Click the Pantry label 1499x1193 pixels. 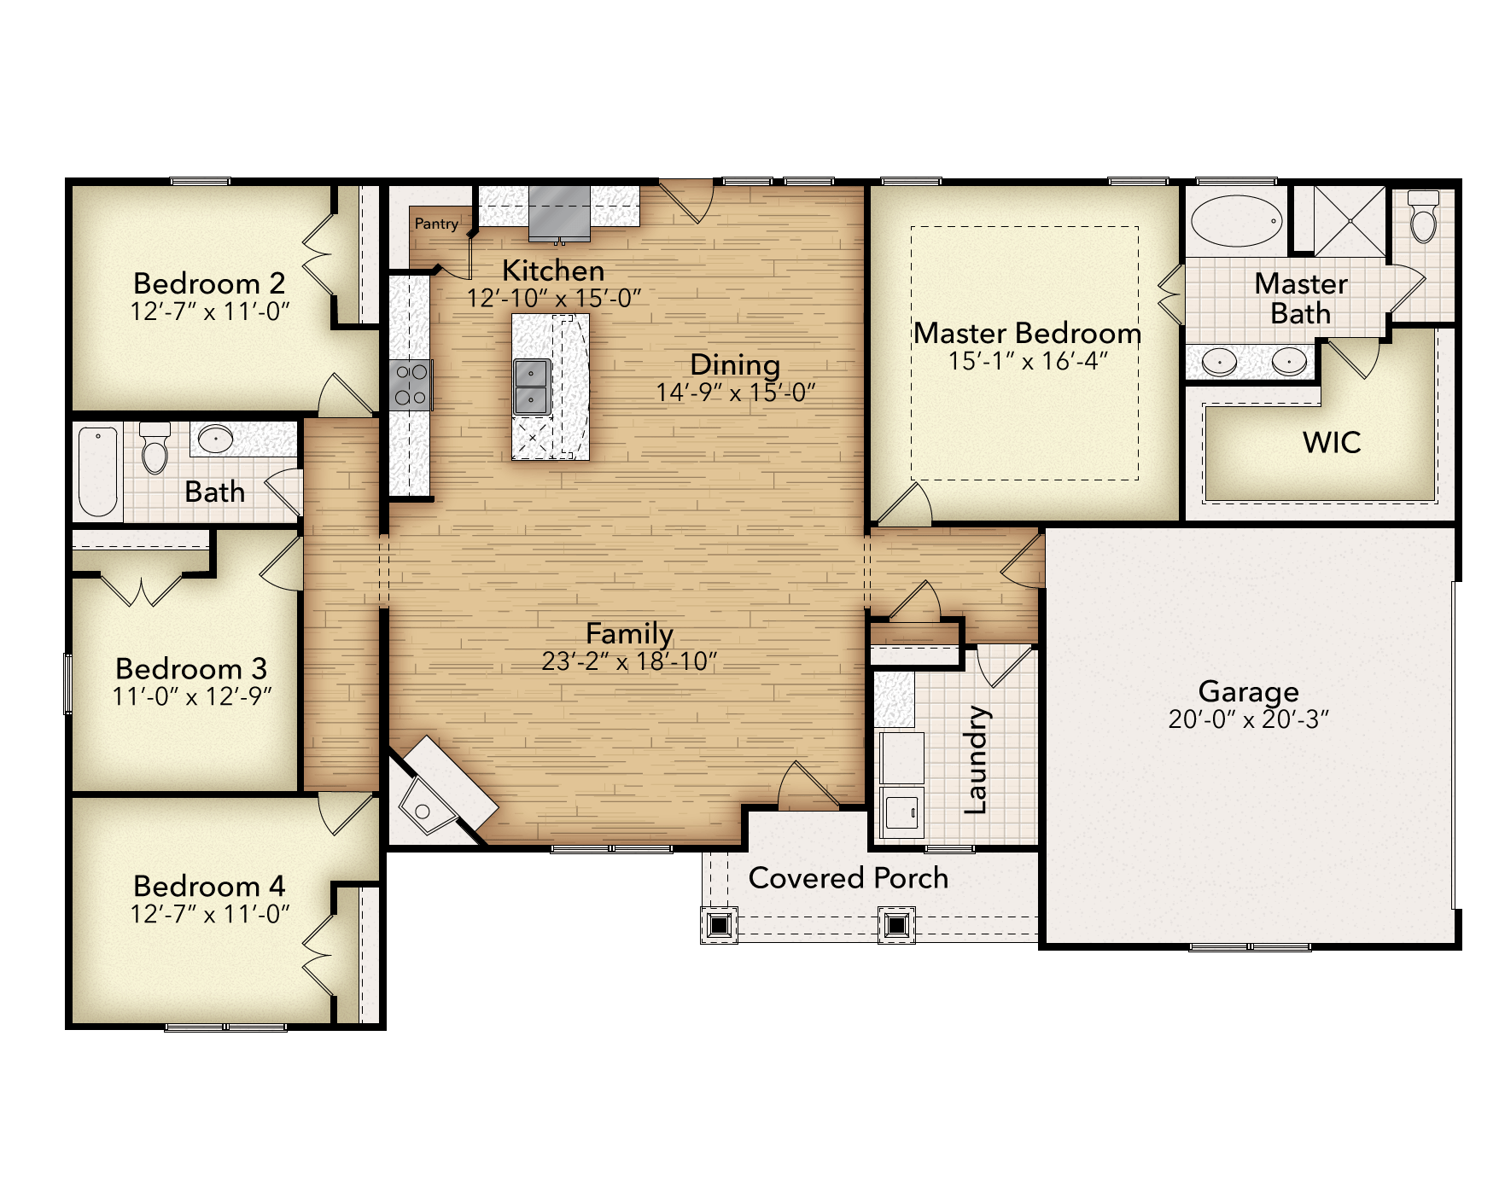[436, 224]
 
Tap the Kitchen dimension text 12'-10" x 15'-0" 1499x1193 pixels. [553, 299]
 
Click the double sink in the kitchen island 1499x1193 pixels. [531, 387]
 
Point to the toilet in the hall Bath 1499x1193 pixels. [155, 447]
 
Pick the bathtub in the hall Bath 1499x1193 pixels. [97, 471]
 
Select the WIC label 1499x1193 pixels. [1332, 443]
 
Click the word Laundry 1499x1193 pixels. [976, 759]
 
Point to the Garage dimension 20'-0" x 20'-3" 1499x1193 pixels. [1248, 720]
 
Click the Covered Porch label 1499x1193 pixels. [848, 878]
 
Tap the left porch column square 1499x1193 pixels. [719, 924]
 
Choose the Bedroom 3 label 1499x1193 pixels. [191, 668]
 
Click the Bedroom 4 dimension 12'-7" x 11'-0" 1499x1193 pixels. [210, 915]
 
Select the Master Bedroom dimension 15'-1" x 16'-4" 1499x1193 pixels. [1028, 362]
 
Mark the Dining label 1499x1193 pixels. [735, 364]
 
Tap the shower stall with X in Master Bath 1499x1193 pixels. [1350, 221]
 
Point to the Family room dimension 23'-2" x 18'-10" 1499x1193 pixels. [629, 662]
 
